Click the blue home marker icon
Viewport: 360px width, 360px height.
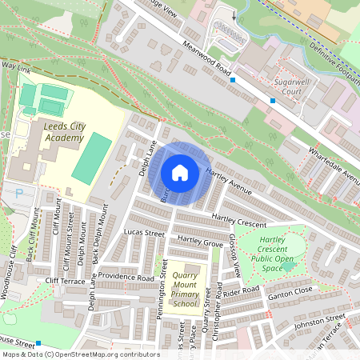[180, 173]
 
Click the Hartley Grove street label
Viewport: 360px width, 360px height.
[200, 240]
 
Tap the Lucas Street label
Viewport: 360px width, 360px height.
[143, 233]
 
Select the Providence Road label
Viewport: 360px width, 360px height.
[127, 278]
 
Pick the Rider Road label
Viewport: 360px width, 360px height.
[243, 291]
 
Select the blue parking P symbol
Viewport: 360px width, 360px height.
[19, 193]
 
